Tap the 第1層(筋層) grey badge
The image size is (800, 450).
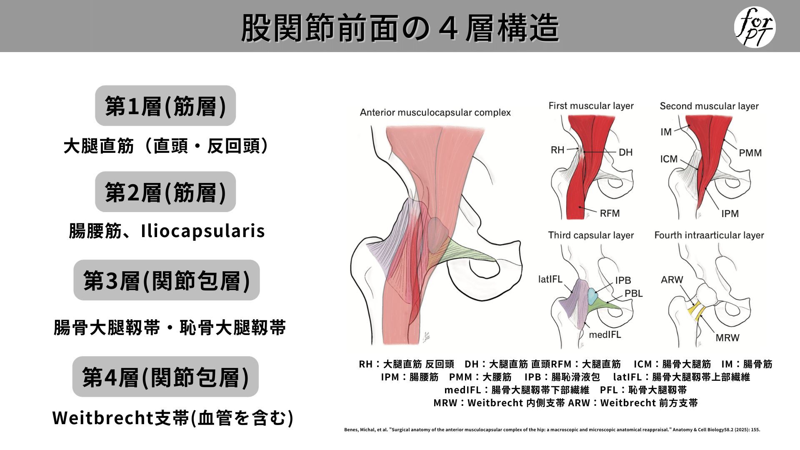pyautogui.click(x=165, y=106)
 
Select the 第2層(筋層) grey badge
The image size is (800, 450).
pyautogui.click(x=165, y=192)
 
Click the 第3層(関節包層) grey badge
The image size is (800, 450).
pyautogui.click(x=167, y=280)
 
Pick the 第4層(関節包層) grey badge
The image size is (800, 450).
pyautogui.click(x=165, y=377)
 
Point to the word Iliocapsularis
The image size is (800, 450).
pyautogui.click(x=203, y=231)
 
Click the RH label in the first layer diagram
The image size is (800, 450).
pyautogui.click(x=557, y=150)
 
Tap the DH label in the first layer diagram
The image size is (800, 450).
pyautogui.click(x=625, y=152)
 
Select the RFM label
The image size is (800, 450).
pyautogui.click(x=610, y=213)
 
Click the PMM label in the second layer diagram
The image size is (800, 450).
pyautogui.click(x=750, y=153)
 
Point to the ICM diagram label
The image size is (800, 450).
pyautogui.click(x=669, y=159)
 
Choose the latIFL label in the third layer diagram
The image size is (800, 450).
pyautogui.click(x=550, y=279)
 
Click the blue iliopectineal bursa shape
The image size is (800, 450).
pyautogui.click(x=592, y=295)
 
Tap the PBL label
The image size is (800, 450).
pyautogui.click(x=633, y=293)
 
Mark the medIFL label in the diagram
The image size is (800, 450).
pyautogui.click(x=605, y=335)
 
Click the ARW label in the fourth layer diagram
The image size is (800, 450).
pyautogui.click(x=672, y=280)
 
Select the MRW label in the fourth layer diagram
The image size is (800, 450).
pyautogui.click(x=727, y=338)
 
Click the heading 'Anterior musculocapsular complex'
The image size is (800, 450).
pyautogui.click(x=435, y=112)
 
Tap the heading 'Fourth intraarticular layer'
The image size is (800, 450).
pyautogui.click(x=709, y=235)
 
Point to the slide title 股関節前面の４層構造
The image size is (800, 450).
pyautogui.click(x=400, y=28)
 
